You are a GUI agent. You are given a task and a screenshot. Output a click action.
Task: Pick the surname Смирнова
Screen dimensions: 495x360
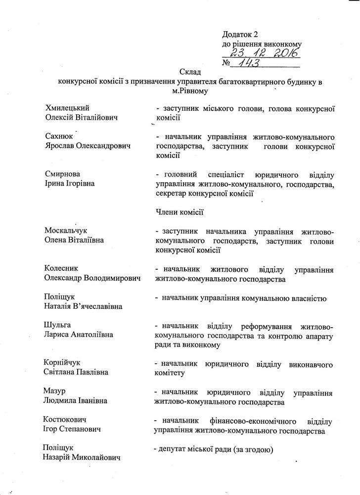62,174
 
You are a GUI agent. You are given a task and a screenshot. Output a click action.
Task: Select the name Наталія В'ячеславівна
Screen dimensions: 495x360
83,306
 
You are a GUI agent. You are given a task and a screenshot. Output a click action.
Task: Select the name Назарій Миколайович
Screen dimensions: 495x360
83,458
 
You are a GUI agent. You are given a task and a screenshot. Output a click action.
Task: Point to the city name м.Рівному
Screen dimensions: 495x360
189,91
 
